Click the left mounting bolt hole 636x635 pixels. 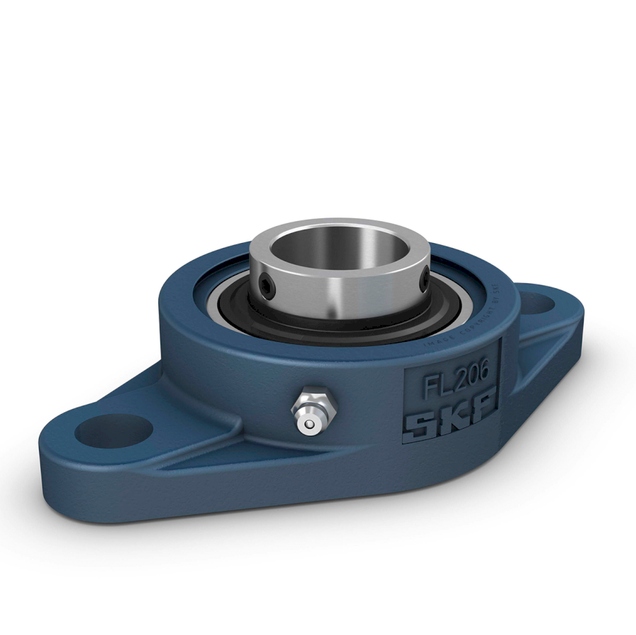pos(114,430)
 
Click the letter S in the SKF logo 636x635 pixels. pos(419,425)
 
